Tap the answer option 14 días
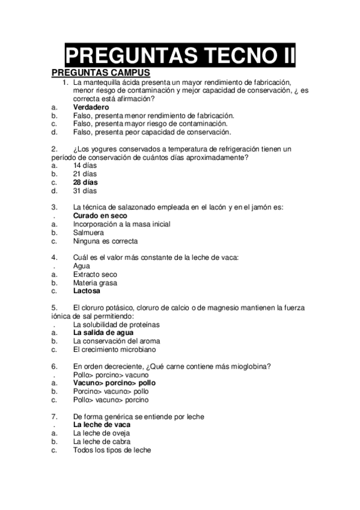click(x=85, y=165)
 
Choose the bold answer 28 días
click(x=85, y=182)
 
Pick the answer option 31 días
click(x=85, y=191)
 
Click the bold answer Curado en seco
click(x=100, y=215)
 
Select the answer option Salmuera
click(x=88, y=232)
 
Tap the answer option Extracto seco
click(x=95, y=274)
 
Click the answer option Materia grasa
click(x=95, y=283)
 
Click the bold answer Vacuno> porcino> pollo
click(x=114, y=382)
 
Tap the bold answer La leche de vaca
click(x=102, y=424)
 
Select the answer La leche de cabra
click(x=102, y=441)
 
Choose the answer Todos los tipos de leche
click(x=112, y=449)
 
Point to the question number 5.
click(x=54, y=307)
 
